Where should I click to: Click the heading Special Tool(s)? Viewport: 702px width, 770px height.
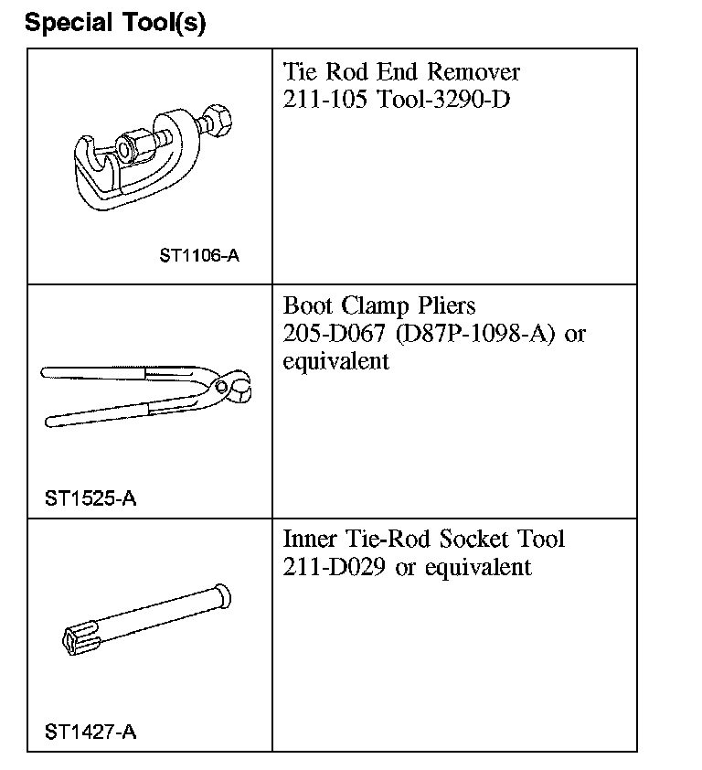click(x=115, y=23)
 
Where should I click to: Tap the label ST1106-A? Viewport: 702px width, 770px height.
click(x=199, y=256)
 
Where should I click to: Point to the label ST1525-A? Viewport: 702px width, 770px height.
click(x=90, y=499)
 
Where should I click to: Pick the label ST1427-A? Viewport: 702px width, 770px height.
click(x=90, y=732)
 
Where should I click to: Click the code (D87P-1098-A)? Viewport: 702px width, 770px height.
click(x=476, y=333)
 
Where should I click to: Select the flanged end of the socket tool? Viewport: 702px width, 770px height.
click(x=220, y=596)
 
